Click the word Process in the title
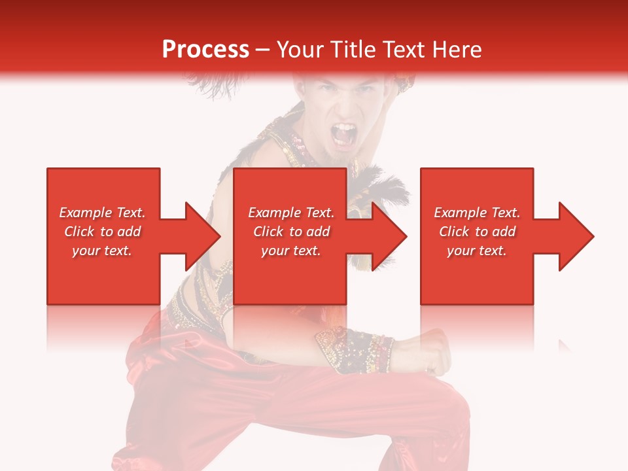(x=205, y=50)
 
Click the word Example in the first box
(x=86, y=213)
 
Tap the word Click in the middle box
(x=269, y=232)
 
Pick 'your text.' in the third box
(x=476, y=251)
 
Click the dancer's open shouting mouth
(x=345, y=134)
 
